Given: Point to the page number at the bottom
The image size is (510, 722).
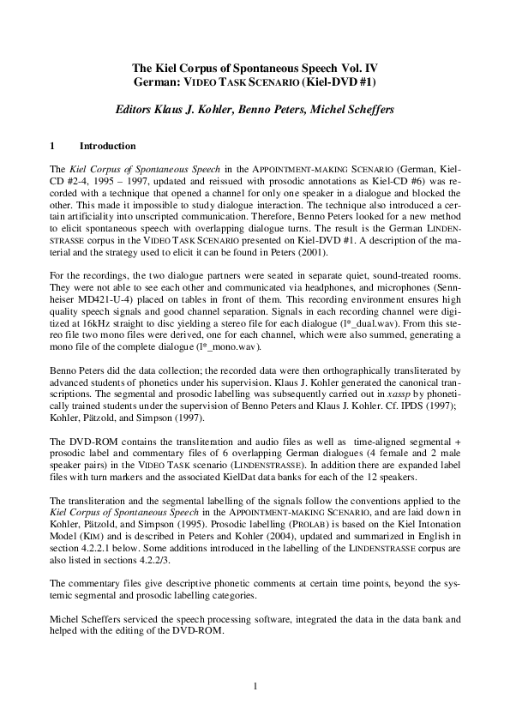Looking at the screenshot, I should (255, 686).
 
